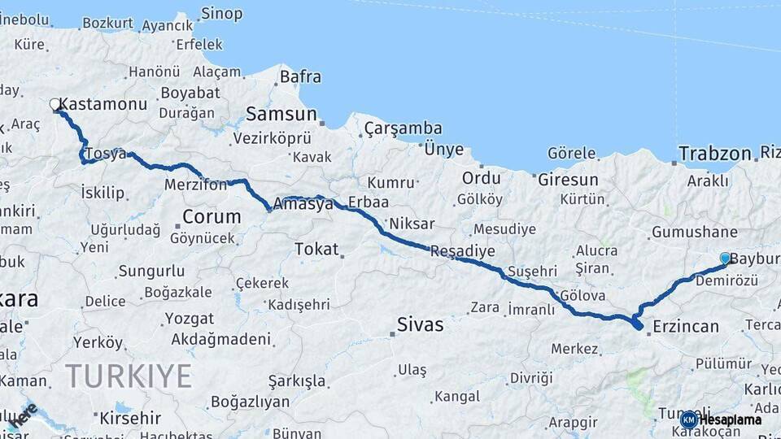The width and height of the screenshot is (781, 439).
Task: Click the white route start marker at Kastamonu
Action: tap(55, 105)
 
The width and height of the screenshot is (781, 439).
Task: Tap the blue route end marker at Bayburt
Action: tap(725, 258)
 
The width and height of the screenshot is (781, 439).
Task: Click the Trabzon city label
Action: tap(714, 154)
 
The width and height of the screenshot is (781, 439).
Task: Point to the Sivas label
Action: tap(420, 325)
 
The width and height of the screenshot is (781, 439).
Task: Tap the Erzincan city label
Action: tap(685, 327)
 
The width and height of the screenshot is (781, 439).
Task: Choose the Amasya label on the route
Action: tap(303, 204)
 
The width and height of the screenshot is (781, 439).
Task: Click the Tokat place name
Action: tap(316, 249)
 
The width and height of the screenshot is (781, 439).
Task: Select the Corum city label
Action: tap(212, 216)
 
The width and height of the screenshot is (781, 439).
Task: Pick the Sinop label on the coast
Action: tap(221, 13)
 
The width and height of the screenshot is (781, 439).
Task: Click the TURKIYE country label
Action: tap(129, 376)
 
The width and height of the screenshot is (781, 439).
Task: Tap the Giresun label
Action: tap(568, 179)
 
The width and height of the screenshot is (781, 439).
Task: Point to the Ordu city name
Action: tap(481, 177)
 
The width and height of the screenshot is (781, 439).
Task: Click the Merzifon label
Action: tap(196, 185)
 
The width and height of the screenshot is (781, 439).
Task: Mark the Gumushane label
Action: tap(694, 233)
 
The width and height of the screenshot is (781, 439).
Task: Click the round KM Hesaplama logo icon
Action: tap(689, 419)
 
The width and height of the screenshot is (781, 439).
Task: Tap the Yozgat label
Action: tap(190, 318)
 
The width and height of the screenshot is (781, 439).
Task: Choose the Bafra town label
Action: tap(300, 77)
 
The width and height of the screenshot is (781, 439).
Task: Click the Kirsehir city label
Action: tap(130, 419)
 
